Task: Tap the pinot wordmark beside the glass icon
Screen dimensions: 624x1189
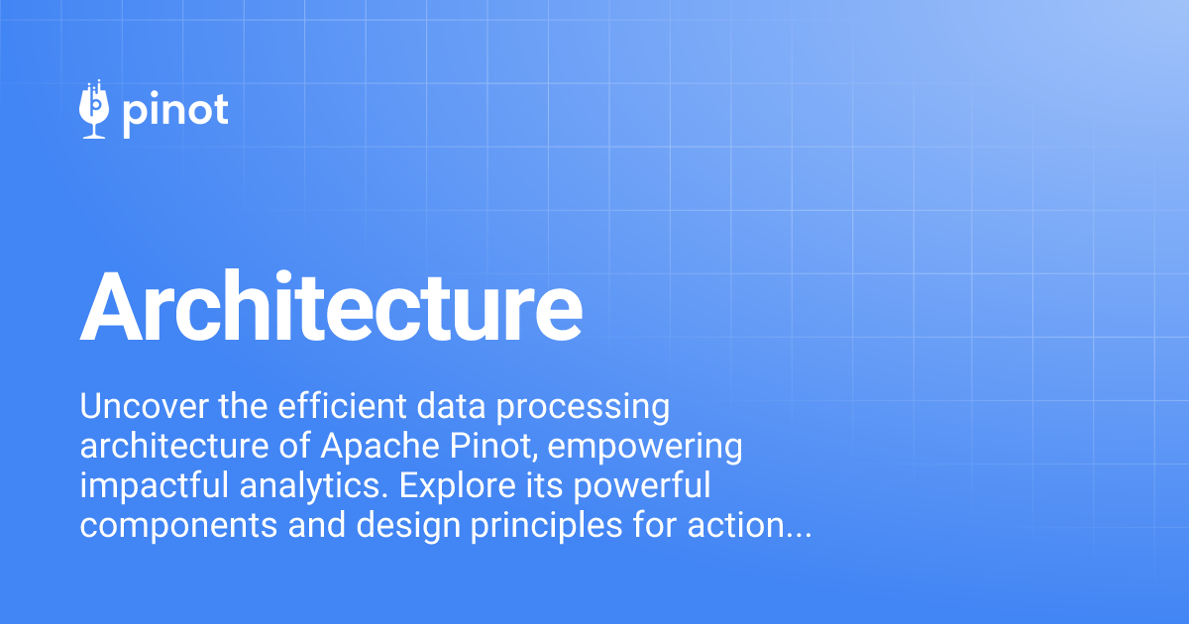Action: click(175, 111)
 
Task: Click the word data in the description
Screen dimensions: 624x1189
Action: click(454, 406)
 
